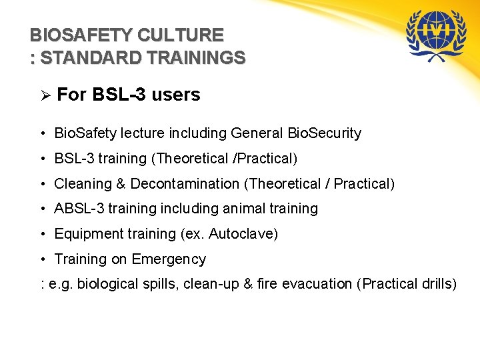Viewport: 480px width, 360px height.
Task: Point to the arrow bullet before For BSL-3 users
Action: click(45, 95)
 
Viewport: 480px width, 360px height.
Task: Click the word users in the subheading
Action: click(176, 95)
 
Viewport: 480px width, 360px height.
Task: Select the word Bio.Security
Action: click(324, 133)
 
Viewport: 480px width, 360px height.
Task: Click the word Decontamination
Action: click(184, 183)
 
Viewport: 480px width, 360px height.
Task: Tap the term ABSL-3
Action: click(79, 209)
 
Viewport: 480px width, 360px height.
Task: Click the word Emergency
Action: click(169, 259)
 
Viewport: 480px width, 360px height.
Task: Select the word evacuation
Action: click(317, 284)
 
